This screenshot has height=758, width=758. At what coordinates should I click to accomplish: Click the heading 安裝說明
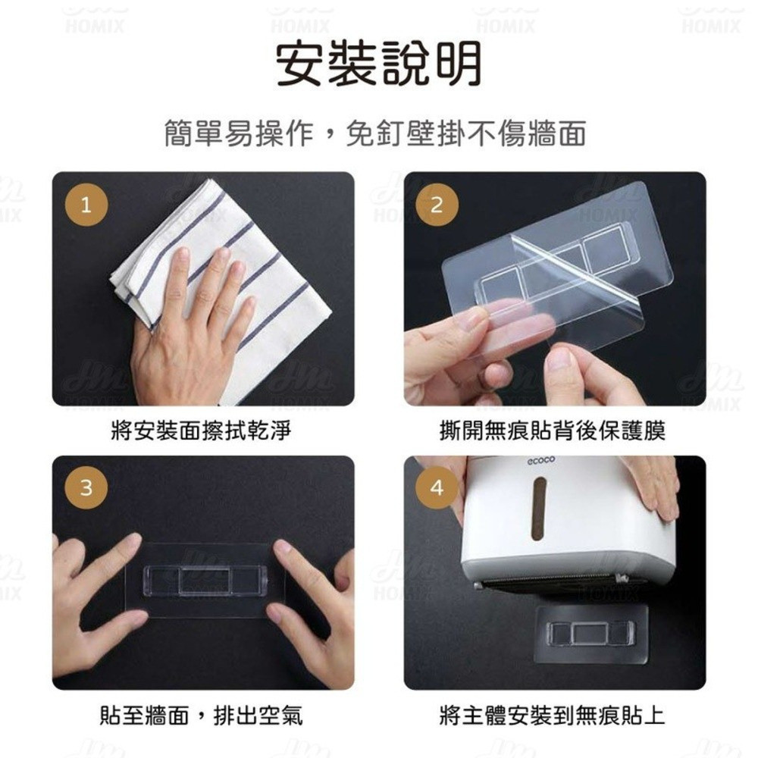click(x=378, y=64)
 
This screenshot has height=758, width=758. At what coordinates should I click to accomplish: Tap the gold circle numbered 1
click(x=86, y=205)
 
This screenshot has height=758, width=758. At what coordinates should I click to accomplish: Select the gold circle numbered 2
click(x=437, y=205)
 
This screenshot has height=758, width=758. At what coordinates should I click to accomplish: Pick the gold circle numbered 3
click(x=86, y=487)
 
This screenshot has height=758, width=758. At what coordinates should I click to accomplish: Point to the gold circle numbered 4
click(x=437, y=487)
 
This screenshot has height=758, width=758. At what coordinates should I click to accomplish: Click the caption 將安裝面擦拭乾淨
click(x=201, y=430)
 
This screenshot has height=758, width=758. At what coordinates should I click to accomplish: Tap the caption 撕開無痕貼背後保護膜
click(x=553, y=430)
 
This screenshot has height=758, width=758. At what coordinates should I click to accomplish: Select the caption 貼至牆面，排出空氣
click(x=201, y=715)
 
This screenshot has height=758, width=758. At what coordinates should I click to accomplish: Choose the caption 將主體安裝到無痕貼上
click(x=553, y=715)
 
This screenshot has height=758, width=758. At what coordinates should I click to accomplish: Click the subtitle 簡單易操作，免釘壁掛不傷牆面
click(x=375, y=133)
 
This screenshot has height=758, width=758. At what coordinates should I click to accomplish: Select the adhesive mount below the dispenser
click(x=590, y=634)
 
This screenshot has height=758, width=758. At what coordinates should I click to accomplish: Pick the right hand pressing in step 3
click(x=315, y=614)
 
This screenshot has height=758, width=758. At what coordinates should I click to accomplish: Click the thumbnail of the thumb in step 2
click(x=561, y=359)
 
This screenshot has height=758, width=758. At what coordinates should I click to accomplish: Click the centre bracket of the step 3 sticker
click(x=205, y=580)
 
